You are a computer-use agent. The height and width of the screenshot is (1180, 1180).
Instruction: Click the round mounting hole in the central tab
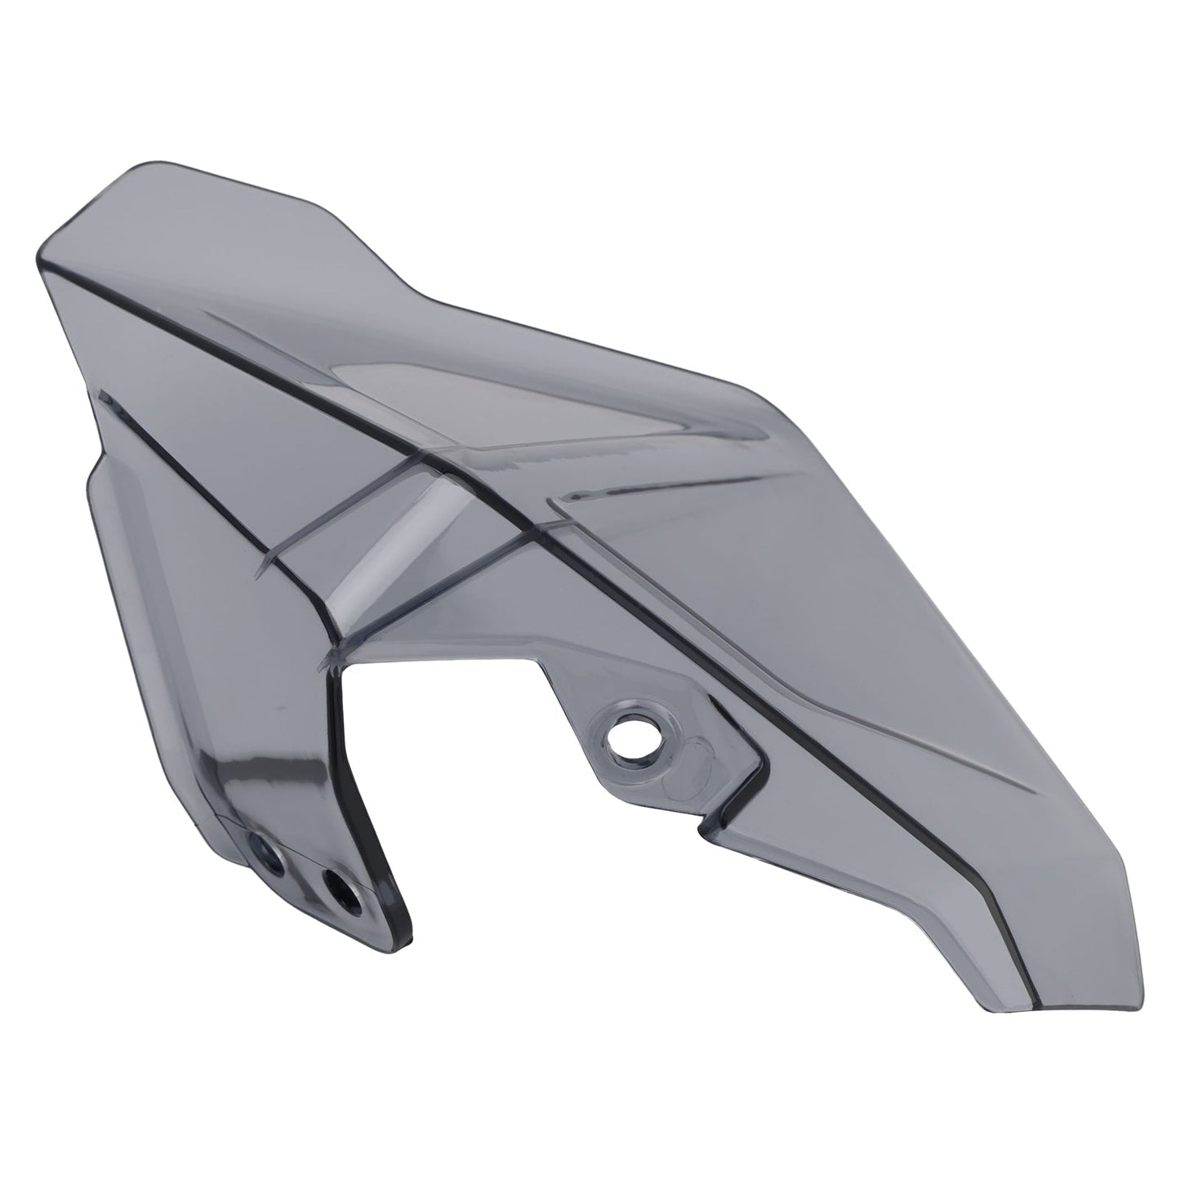632,728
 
